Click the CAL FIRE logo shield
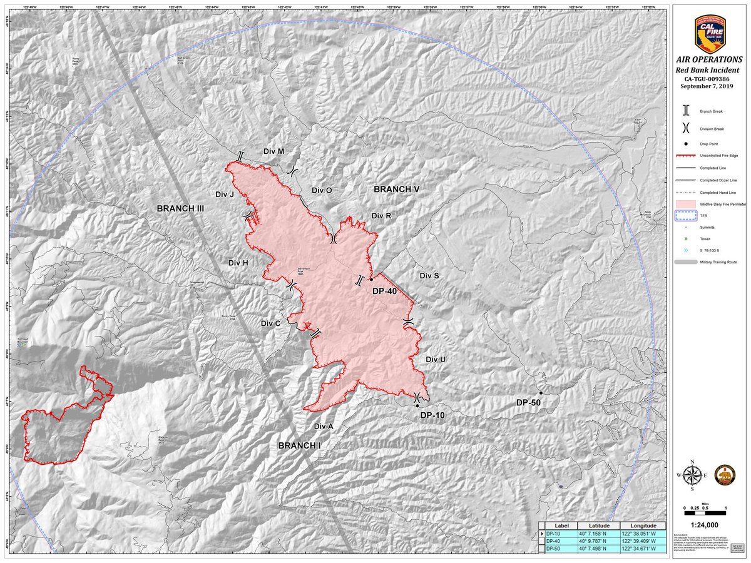[x=710, y=35]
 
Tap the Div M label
[x=273, y=152]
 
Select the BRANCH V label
[x=397, y=189]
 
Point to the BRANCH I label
[x=299, y=445]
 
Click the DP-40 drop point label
[x=385, y=291]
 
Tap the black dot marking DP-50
[x=540, y=393]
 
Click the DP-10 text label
[x=432, y=415]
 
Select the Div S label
[x=429, y=276]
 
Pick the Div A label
[x=323, y=426]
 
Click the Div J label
[x=224, y=195]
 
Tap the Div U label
[x=436, y=359]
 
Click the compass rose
[x=692, y=477]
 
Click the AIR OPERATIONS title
[x=710, y=59]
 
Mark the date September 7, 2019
[x=710, y=86]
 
